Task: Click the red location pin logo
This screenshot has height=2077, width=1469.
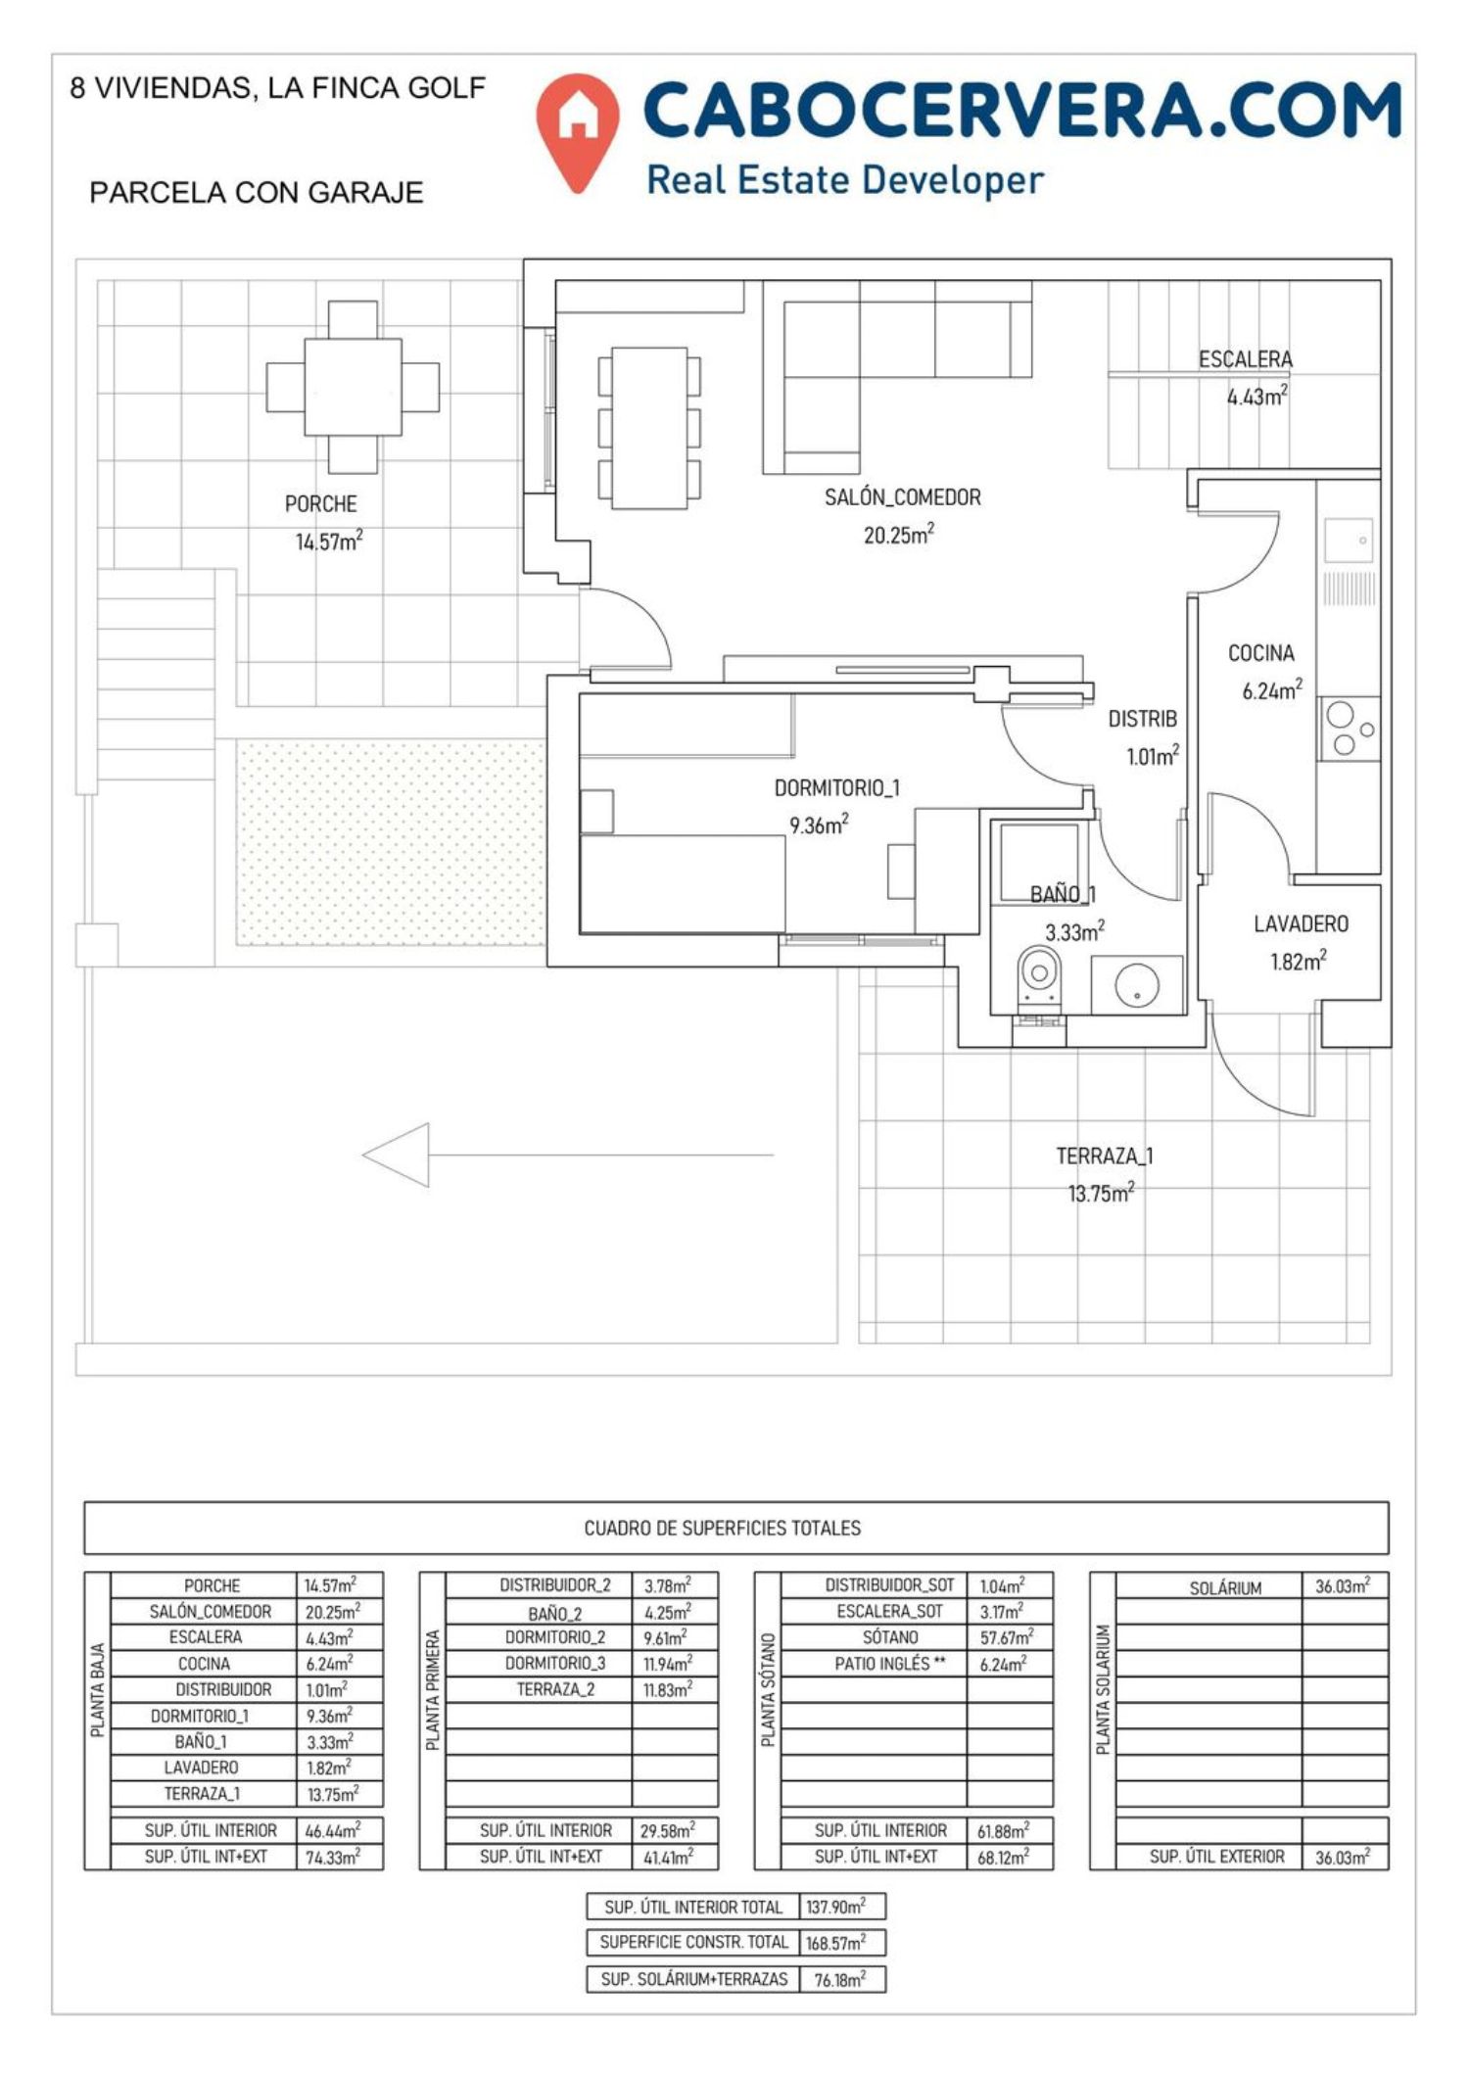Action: [x=578, y=130]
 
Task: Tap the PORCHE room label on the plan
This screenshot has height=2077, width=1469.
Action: [x=320, y=504]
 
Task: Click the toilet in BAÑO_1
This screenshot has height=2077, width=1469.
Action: [x=1039, y=975]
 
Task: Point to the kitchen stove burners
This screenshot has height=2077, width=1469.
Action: [x=1349, y=730]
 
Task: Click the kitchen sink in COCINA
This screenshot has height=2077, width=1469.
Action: [x=1349, y=540]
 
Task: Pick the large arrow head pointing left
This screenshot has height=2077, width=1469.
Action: [x=396, y=1155]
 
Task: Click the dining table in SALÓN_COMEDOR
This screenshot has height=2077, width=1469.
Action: [x=649, y=428]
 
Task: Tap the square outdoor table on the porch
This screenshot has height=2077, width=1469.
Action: [x=353, y=387]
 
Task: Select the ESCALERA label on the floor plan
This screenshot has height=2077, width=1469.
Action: [x=1245, y=359]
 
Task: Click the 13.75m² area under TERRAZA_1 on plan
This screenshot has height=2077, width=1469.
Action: [x=1101, y=1193]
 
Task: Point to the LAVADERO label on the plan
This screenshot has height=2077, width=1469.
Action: [x=1301, y=923]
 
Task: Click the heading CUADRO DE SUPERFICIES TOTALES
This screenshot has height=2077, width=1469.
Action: [x=723, y=1528]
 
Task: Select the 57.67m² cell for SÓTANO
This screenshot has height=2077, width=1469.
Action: [x=1007, y=1637]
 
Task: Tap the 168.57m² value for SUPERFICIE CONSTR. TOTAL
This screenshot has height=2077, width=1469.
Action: [x=835, y=1942]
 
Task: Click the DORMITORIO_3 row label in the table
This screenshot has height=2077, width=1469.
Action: [x=555, y=1663]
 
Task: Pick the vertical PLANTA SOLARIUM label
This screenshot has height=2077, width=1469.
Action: [x=1103, y=1690]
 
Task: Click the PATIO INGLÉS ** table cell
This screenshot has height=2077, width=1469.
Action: [x=890, y=1663]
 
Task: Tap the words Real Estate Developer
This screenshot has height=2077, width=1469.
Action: [x=845, y=180]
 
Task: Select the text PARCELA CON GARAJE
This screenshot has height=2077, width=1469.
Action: [x=257, y=192]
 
